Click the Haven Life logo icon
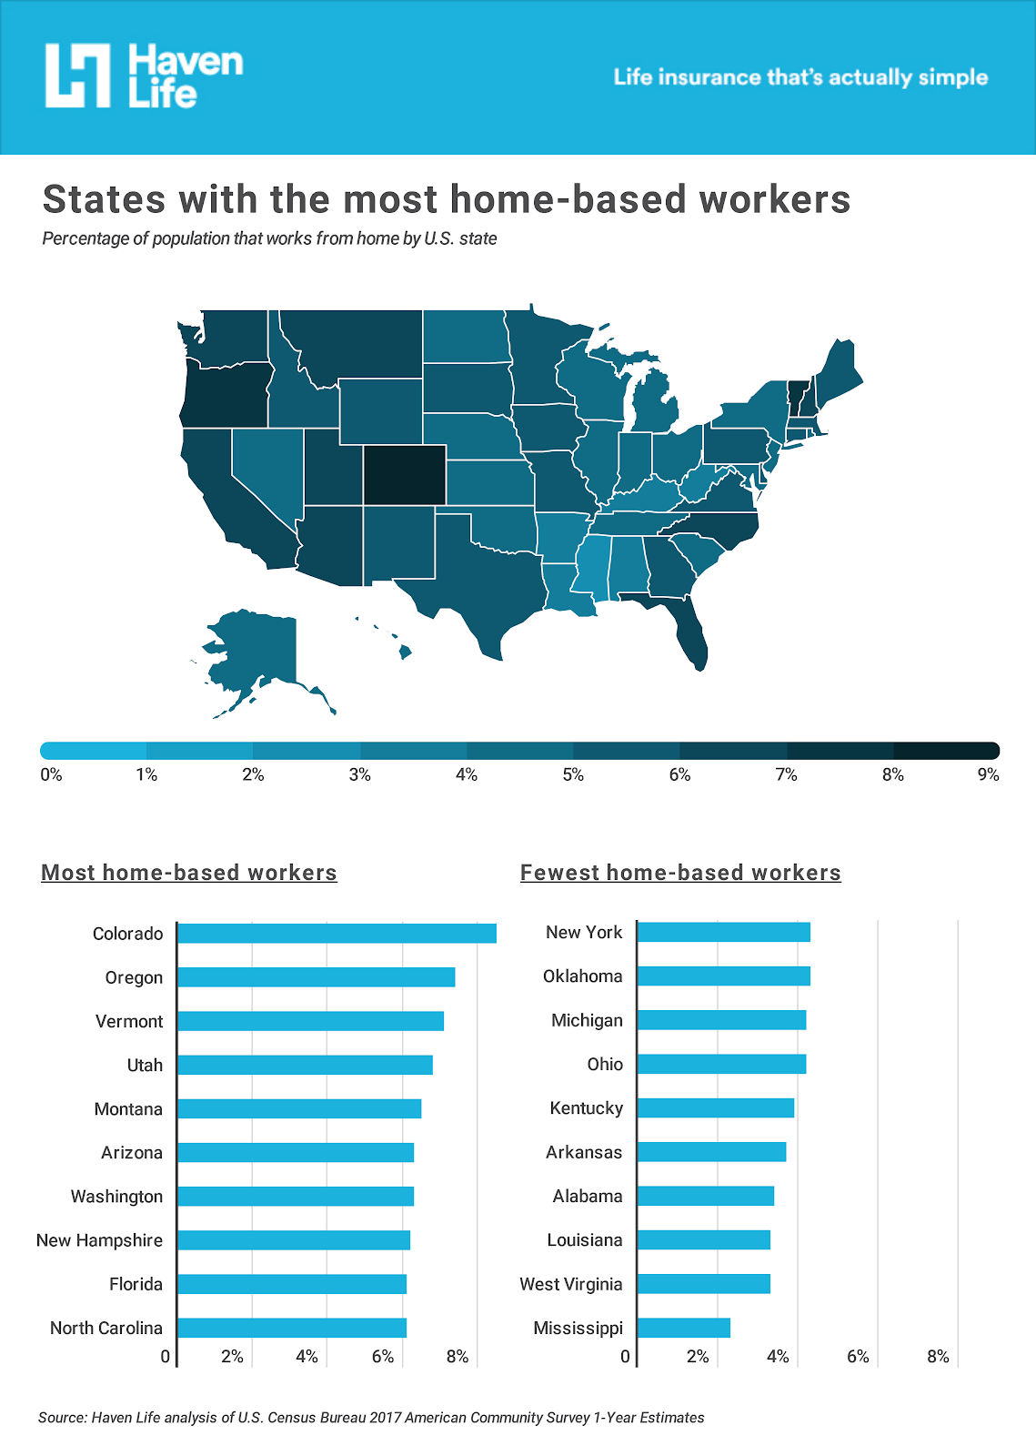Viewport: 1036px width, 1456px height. (78, 76)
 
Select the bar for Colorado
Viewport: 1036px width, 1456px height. (337, 933)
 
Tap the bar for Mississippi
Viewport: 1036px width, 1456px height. (683, 1328)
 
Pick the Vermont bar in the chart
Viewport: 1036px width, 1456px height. (310, 1021)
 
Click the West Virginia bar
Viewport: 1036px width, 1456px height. (703, 1284)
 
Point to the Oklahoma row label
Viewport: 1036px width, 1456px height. (582, 976)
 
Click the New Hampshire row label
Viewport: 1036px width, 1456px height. (99, 1240)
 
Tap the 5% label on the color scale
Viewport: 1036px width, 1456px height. (573, 775)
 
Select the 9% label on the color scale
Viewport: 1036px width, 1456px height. (988, 775)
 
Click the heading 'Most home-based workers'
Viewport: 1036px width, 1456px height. (189, 873)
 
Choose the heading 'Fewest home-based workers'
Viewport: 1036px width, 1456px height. (680, 873)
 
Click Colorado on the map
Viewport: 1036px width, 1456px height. (404, 474)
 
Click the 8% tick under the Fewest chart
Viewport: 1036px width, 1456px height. (938, 1357)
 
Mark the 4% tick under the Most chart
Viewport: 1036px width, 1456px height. (307, 1357)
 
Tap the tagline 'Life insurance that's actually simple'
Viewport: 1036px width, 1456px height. (800, 77)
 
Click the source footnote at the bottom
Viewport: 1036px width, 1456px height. (371, 1418)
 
